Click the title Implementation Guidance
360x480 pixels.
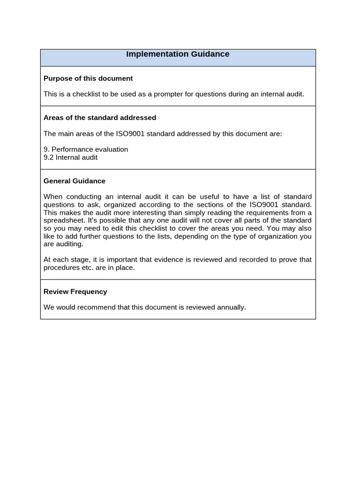pyautogui.click(x=178, y=54)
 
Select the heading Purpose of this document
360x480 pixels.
pyautogui.click(x=88, y=78)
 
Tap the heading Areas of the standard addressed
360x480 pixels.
pyautogui.click(x=100, y=118)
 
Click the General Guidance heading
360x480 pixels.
pyautogui.click(x=75, y=181)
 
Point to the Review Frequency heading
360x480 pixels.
pyautogui.click(x=75, y=292)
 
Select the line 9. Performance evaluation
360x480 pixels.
pyautogui.click(x=86, y=150)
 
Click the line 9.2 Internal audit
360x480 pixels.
pyautogui.click(x=71, y=157)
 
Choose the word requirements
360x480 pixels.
pyautogui.click(x=267, y=212)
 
